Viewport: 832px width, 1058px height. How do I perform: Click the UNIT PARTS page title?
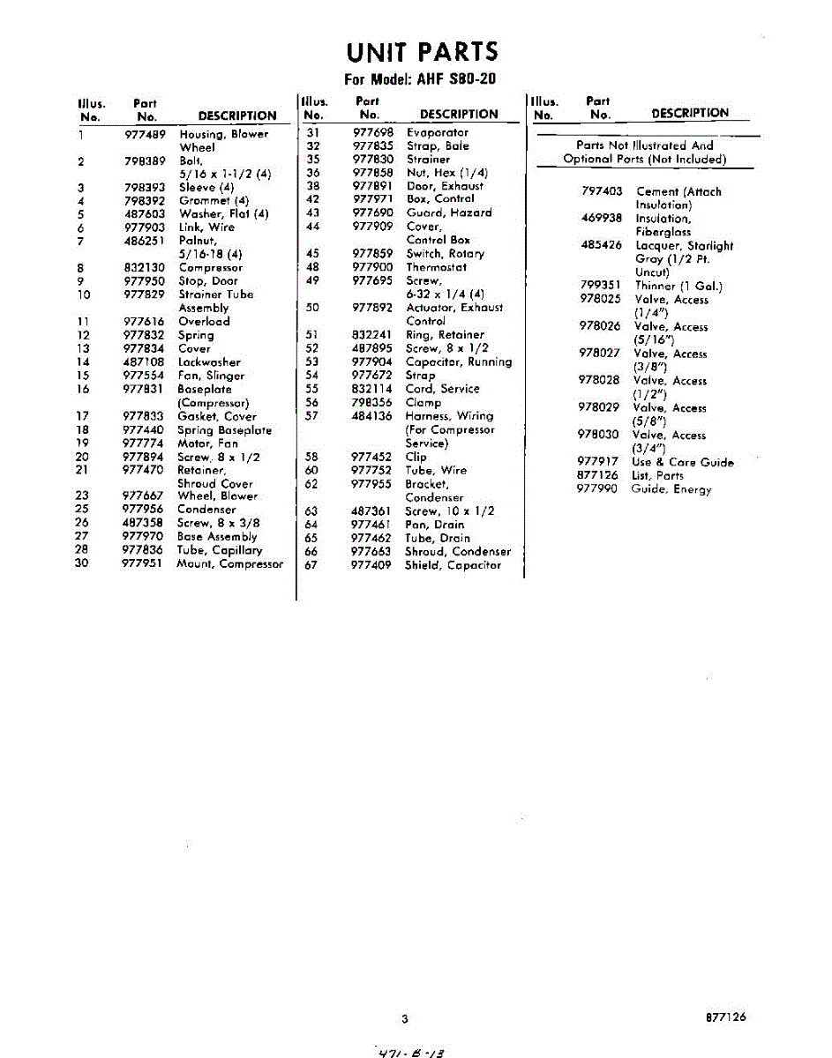click(x=422, y=52)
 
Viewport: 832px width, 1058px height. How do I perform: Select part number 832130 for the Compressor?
click(x=144, y=268)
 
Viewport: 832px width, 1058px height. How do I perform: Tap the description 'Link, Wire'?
click(x=206, y=227)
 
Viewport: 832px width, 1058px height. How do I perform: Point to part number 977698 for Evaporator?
click(x=372, y=132)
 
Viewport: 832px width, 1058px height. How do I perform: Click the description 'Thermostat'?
click(x=436, y=267)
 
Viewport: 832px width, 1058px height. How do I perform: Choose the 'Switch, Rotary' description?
click(x=445, y=254)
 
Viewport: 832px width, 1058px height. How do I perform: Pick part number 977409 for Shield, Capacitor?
click(x=371, y=565)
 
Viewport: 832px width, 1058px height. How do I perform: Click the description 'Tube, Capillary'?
click(x=220, y=550)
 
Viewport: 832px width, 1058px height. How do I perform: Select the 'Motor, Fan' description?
click(x=207, y=443)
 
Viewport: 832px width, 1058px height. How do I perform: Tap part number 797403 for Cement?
click(x=602, y=191)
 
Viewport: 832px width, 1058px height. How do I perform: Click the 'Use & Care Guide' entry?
click(x=682, y=462)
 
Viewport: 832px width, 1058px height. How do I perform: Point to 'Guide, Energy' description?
click(x=671, y=489)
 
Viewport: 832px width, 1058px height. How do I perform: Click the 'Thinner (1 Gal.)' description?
click(x=678, y=286)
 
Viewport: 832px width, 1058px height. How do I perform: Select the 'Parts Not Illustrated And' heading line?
click(x=644, y=145)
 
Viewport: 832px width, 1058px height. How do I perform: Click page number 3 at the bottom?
click(x=404, y=1020)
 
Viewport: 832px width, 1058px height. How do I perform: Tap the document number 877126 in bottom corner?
click(x=725, y=1017)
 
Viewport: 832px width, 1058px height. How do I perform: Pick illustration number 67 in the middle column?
click(x=311, y=565)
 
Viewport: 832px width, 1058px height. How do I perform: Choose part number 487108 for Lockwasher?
click(x=144, y=362)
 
